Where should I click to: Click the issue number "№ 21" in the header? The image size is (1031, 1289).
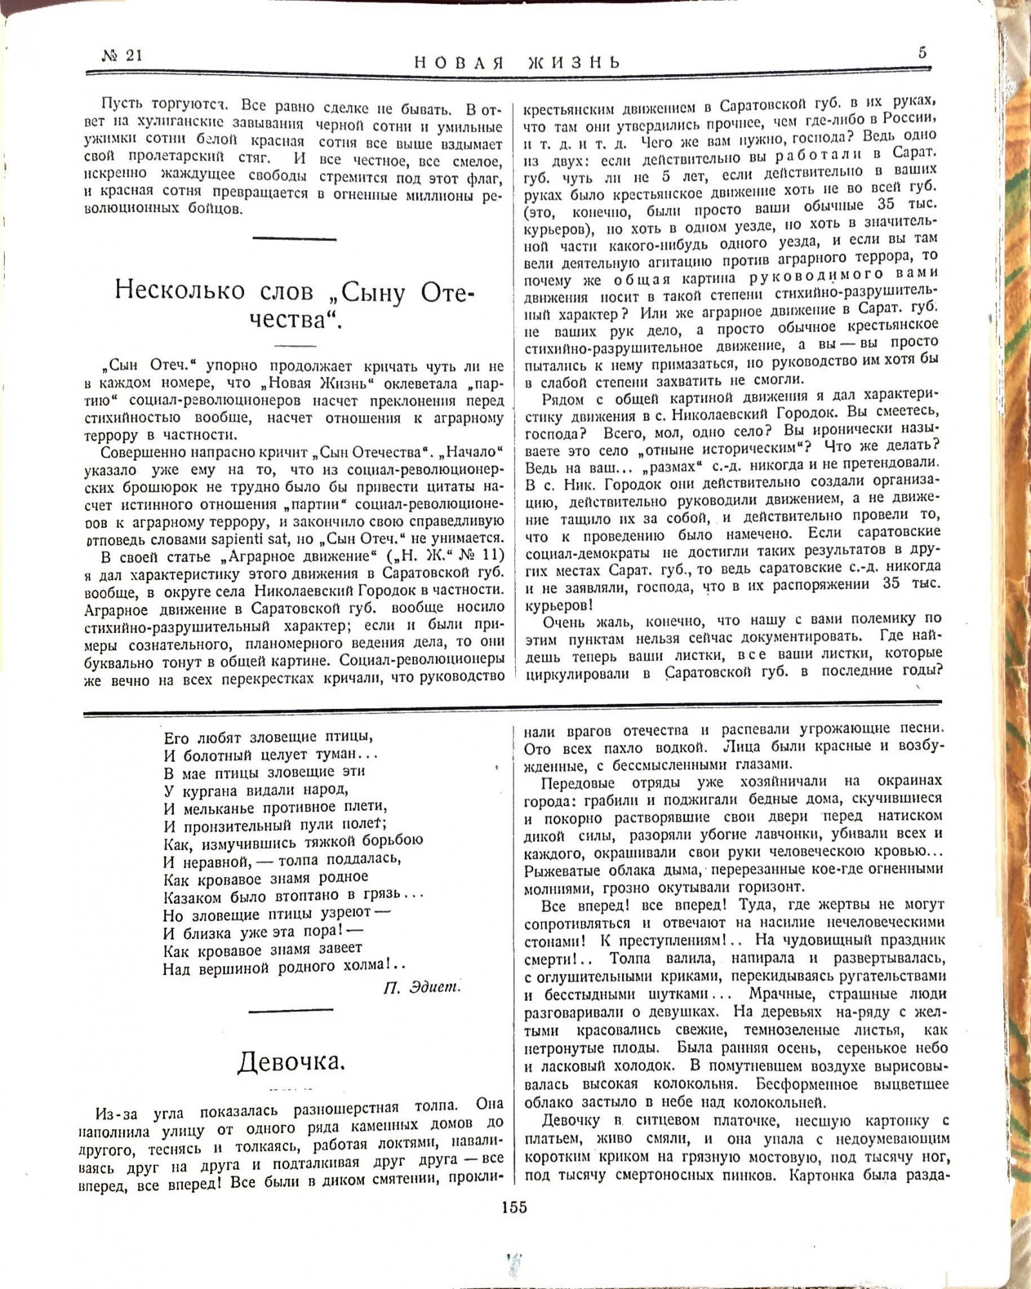122,56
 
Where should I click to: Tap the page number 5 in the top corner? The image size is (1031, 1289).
922,53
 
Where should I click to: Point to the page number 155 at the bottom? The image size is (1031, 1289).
514,1207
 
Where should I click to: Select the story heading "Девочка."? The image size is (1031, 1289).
291,1061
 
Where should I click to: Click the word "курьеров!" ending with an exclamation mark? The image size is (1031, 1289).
558,606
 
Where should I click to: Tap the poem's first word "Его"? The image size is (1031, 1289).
177,737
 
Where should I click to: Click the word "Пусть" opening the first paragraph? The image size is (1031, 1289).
123,104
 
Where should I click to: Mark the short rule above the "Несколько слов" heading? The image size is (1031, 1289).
294,239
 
